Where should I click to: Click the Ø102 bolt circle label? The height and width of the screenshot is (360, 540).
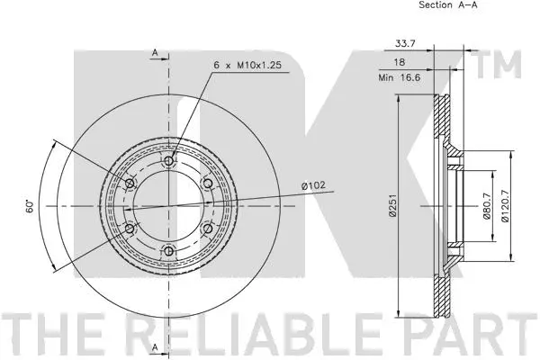click(312, 186)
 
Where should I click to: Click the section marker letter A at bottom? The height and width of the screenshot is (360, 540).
click(155, 347)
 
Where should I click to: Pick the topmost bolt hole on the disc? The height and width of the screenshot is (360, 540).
click(168, 160)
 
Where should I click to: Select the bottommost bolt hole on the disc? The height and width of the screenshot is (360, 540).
click(168, 251)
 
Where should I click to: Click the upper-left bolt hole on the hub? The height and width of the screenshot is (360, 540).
click(129, 184)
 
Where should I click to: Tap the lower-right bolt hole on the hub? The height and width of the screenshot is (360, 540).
click(208, 229)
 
